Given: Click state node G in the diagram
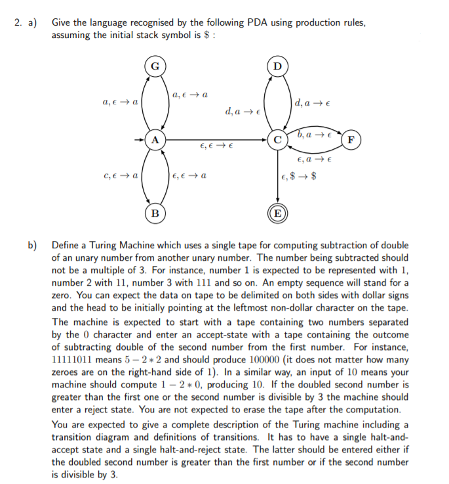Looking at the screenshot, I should click(155, 66).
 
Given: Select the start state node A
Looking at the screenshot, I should click(155, 140).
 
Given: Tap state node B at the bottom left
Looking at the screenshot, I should click(155, 213).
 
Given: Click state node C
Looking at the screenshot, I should click(278, 140).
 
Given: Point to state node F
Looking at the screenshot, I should click(352, 140).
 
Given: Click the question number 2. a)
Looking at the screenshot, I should click(26, 23).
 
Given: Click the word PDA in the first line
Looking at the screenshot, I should click(258, 23).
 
